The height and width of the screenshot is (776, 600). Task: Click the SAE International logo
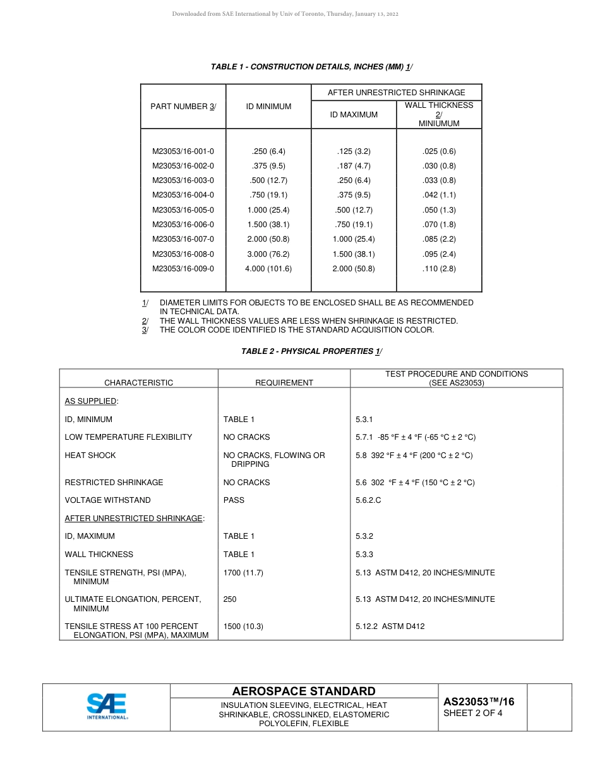pos(107,706)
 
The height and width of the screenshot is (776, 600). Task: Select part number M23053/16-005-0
pos(183,210)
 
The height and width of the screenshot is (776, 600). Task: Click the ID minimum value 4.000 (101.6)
pos(268,269)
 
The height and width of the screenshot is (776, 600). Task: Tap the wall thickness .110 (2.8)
pos(439,269)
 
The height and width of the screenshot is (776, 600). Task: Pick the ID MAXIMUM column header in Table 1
pos(354,115)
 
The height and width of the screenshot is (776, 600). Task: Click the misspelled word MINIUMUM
pos(439,124)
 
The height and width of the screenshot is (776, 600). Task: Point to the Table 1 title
pos(312,67)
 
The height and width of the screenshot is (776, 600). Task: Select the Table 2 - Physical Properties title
pos(312,351)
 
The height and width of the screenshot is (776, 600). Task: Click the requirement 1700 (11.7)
pos(243,573)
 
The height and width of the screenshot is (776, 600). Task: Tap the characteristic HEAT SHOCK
pos(90,456)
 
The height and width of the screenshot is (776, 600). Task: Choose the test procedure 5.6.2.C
pos(368,500)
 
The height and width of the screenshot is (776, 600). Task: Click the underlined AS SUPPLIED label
pos(91,401)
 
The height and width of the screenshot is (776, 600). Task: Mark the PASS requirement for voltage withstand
pos(234,500)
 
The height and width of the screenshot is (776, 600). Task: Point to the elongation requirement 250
pos(230,599)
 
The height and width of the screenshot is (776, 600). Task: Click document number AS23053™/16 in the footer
pos(479,702)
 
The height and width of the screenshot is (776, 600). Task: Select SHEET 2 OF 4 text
pos(473,714)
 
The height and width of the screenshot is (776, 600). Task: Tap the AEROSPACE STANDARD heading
pos(304,691)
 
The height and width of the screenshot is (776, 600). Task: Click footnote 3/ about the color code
pos(297,330)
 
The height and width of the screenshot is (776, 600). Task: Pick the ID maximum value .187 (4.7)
pos(354,166)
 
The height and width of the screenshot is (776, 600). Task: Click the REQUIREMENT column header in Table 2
pos(284,383)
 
